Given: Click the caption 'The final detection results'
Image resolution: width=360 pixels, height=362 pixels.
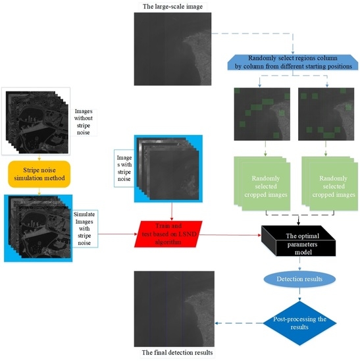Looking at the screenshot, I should (x=172, y=353).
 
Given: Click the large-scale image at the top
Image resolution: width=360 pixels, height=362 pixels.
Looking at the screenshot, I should (x=172, y=48).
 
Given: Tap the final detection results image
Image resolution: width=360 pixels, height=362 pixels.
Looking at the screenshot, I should (x=172, y=307).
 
